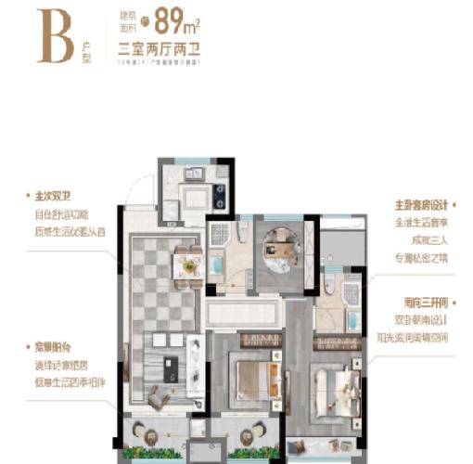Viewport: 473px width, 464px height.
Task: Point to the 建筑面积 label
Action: pyautogui.click(x=127, y=20)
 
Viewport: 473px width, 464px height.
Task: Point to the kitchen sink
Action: pyautogui.click(x=196, y=173)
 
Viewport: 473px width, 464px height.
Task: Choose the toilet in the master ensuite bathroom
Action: pyautogui.click(x=329, y=285)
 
